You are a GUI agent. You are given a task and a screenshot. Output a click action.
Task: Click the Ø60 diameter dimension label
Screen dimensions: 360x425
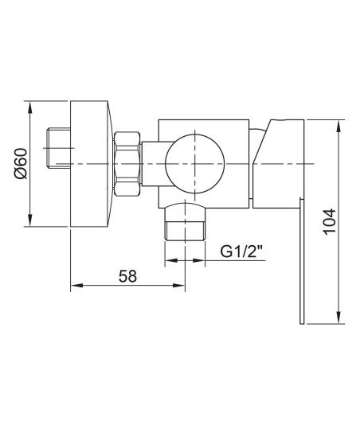coord(22,163)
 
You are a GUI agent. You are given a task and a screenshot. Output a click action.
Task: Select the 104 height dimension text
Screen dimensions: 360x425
coord(330,222)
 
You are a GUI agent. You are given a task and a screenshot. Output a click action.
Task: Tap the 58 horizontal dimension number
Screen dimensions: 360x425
coord(127,276)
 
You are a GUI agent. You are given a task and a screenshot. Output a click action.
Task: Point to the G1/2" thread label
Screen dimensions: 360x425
coord(241,251)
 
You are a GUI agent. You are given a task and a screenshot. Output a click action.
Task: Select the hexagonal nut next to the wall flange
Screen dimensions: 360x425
coord(127,164)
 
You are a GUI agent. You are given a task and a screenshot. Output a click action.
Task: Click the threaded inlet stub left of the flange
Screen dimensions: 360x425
coord(59,148)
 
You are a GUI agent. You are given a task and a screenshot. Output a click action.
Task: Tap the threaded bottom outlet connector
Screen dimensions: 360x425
coord(185,231)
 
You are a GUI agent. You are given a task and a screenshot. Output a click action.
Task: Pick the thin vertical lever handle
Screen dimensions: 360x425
coord(302,261)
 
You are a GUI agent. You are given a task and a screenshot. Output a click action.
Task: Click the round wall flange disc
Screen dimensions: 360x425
coord(90,164)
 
